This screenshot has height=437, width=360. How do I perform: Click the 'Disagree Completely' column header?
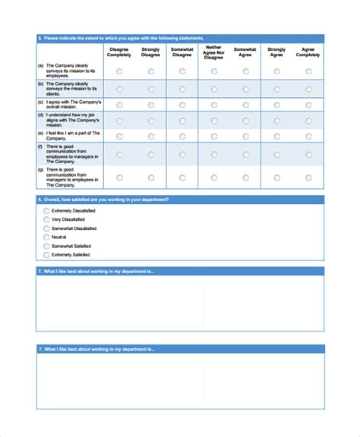[119, 52]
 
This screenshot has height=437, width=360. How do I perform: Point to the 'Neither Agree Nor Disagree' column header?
[214, 52]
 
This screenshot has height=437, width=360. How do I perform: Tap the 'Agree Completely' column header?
[308, 52]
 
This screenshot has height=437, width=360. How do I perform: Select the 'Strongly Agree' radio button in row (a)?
[276, 71]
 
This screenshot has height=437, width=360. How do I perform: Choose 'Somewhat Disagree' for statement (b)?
[182, 88]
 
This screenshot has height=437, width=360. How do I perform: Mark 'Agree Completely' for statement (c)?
[308, 104]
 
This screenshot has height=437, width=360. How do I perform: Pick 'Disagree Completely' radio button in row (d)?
[119, 120]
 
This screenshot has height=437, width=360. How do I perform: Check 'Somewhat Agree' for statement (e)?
[245, 136]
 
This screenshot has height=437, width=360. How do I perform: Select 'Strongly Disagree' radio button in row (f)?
[151, 154]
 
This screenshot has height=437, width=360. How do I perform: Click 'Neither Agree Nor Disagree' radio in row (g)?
[214, 178]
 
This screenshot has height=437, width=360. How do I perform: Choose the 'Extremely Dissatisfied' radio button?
[46, 210]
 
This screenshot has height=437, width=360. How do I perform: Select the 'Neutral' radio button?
[46, 237]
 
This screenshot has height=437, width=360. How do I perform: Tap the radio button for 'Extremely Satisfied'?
[46, 255]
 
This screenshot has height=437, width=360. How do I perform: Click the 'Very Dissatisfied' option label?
[68, 219]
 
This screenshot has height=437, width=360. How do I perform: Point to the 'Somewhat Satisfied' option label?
[71, 246]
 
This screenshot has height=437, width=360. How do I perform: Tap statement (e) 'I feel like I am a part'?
[68, 136]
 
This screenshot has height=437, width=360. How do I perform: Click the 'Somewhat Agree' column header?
[245, 52]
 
